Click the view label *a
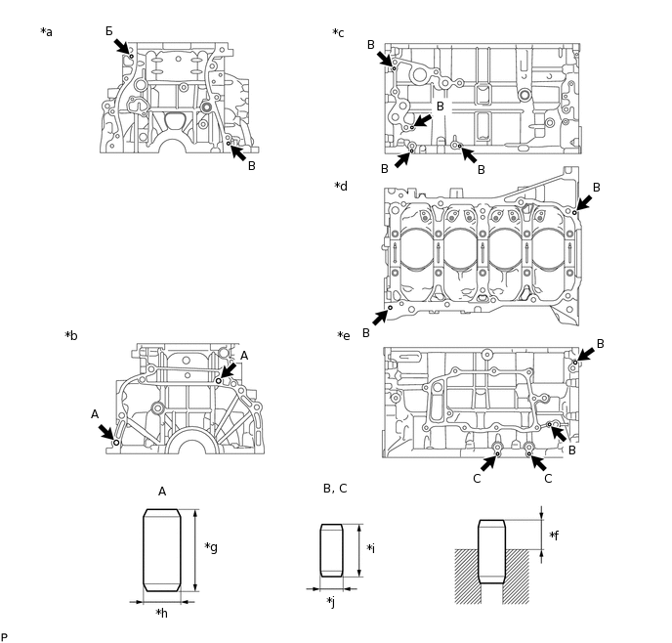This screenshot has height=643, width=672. (47, 32)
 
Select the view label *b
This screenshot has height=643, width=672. (71, 335)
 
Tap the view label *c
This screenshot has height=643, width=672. (338, 32)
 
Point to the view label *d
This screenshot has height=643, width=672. (340, 186)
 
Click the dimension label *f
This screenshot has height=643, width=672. (554, 536)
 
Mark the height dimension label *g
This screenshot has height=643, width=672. (211, 547)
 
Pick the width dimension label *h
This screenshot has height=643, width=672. (162, 614)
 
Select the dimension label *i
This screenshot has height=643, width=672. (371, 548)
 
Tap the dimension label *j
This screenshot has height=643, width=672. (332, 601)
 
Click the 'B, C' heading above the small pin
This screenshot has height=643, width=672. (335, 488)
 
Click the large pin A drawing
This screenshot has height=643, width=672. (162, 549)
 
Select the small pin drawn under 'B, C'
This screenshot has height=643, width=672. (332, 549)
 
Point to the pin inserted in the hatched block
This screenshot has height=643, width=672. (490, 552)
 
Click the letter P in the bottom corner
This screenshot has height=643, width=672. (4, 637)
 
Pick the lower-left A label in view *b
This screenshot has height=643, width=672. (95, 414)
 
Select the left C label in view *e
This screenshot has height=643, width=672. (477, 479)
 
